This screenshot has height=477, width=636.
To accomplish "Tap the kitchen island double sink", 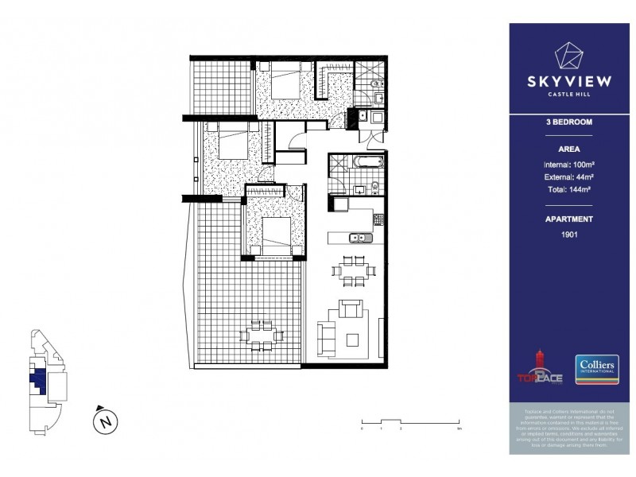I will pyautogui.click(x=359, y=237).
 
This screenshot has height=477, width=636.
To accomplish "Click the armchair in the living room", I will pyautogui.click(x=350, y=307).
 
